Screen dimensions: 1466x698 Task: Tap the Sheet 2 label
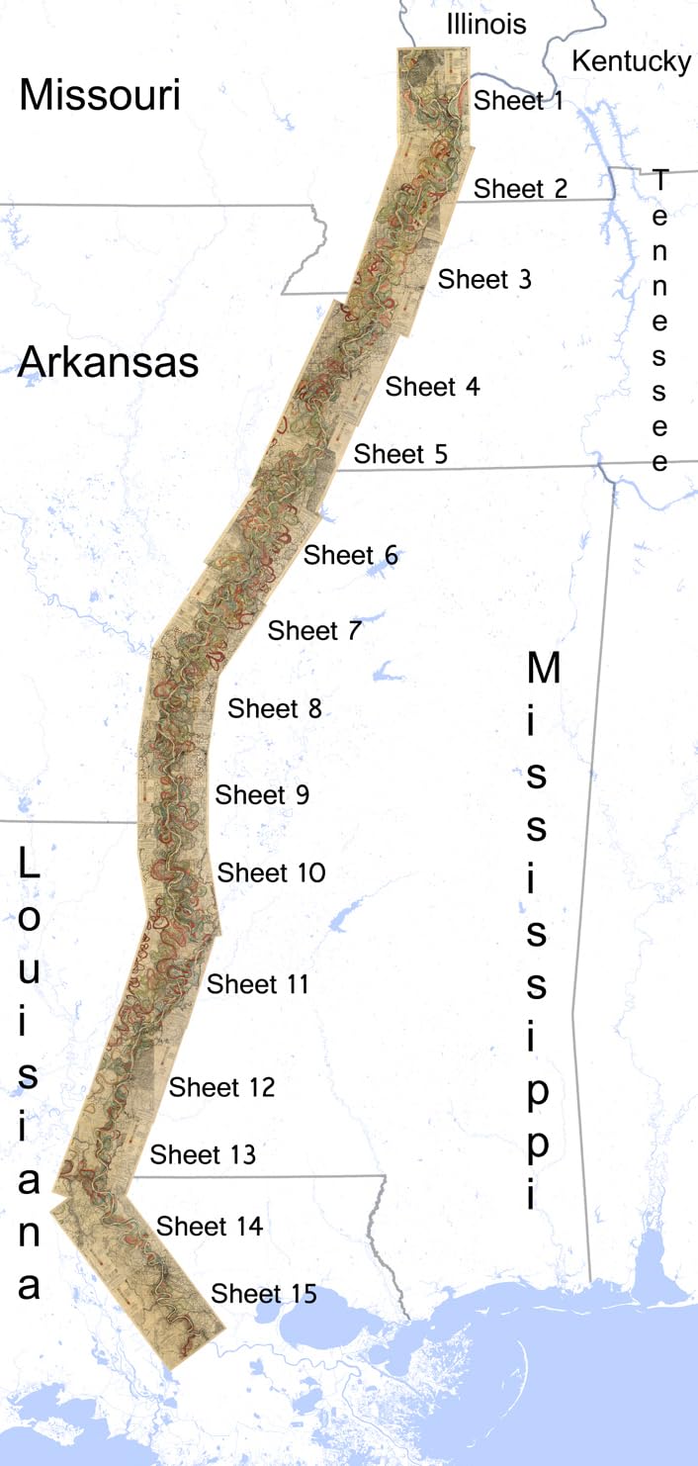[x=521, y=188]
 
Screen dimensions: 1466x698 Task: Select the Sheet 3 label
[x=484, y=279]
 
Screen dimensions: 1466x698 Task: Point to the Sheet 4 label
[x=432, y=387]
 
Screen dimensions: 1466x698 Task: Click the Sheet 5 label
[x=400, y=454]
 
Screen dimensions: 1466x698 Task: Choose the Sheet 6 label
[x=350, y=556]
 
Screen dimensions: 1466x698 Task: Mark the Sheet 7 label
[x=314, y=630]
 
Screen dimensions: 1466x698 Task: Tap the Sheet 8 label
[x=275, y=709]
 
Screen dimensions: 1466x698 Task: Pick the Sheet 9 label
[x=262, y=794]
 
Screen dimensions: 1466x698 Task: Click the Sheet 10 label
[x=271, y=873]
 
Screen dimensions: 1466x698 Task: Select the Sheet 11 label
[x=257, y=984]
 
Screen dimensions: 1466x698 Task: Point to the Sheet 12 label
[x=221, y=1087]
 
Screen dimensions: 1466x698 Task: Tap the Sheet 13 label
[x=203, y=1154]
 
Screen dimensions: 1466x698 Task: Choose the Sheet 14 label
[x=210, y=1227]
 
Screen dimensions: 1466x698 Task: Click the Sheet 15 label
[x=264, y=1294]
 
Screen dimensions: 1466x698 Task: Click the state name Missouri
[x=100, y=96]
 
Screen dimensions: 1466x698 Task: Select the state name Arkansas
[x=108, y=363]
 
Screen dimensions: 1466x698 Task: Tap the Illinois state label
[x=485, y=24]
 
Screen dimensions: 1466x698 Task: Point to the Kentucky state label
[x=632, y=61]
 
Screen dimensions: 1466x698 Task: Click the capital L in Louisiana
[x=29, y=865]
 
